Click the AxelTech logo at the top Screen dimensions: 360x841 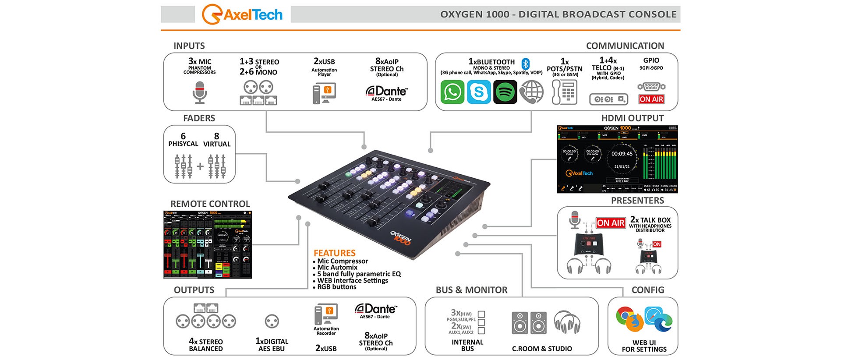point(242,14)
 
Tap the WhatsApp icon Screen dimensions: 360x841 point(452,92)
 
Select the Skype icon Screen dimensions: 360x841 point(479,92)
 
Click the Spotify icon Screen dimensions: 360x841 point(505,92)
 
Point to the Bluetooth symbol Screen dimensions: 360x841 point(526,63)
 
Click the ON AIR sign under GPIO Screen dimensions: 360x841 point(651,99)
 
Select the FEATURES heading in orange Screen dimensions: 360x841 point(334,253)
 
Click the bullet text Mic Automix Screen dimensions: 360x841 point(337,268)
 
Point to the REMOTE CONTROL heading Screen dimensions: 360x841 point(210,204)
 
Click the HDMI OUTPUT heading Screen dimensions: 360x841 point(632,118)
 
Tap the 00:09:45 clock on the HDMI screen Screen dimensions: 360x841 point(622,154)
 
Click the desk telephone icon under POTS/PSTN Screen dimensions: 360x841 point(565,92)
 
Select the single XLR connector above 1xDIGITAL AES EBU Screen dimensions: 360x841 point(272,321)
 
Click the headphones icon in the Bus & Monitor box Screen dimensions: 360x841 point(567,322)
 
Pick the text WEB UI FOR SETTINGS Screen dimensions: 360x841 point(644,346)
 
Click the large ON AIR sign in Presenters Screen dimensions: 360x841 point(611,223)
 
